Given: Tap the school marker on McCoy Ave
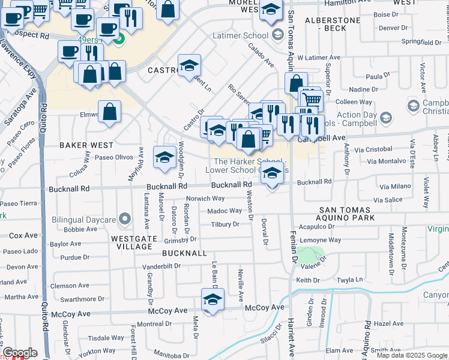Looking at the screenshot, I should coord(212,300).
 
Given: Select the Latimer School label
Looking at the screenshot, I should coord(248,36).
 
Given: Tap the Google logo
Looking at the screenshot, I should coord(20,353).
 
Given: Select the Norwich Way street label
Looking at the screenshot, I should coord(205,198).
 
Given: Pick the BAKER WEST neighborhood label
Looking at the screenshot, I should coord(86,145).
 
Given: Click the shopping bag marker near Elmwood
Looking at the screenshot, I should coord(110,112).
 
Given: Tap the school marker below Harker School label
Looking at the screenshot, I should coord(273,173).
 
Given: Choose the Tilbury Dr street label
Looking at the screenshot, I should coord(224,224).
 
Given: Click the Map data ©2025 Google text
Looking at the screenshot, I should coord(411,355).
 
